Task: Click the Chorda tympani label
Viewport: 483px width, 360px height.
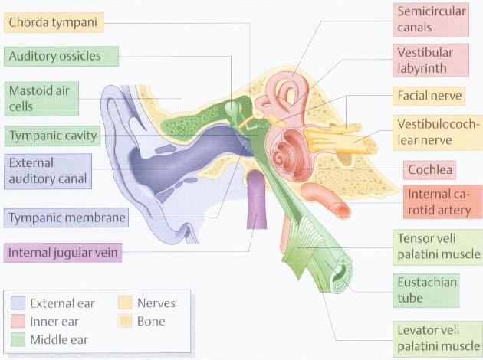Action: [x=54, y=22]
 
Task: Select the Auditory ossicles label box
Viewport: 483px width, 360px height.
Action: [x=61, y=57]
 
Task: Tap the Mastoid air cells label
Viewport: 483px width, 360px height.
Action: [x=41, y=99]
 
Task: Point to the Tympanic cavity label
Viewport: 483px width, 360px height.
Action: [x=52, y=136]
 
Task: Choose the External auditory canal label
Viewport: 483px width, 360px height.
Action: [x=48, y=171]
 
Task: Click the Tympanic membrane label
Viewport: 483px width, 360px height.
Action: [x=66, y=218]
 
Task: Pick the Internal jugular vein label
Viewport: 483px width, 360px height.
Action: [x=63, y=253]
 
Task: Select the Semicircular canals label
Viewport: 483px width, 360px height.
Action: [x=431, y=19]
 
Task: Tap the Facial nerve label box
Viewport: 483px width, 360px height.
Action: [x=429, y=96]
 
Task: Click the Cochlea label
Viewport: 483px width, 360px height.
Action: [x=429, y=169]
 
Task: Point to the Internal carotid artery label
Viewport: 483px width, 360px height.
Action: [x=442, y=202]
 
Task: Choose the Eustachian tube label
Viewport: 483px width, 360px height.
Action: [x=426, y=290]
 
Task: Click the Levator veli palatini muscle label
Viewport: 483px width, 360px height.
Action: [x=438, y=339]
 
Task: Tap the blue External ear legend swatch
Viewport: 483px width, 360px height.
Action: [x=18, y=303]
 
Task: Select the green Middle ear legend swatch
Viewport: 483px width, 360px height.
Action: [x=18, y=339]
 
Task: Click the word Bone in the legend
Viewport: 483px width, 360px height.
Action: [x=151, y=322]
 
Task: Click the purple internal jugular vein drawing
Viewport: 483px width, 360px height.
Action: [x=256, y=199]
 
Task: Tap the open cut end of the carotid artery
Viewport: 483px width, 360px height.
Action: [x=343, y=211]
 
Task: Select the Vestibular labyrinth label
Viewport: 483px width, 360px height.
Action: [x=431, y=61]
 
